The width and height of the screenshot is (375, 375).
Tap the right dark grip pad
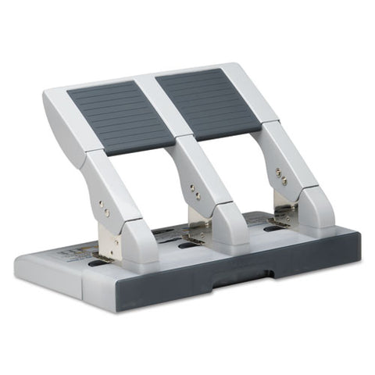click(207, 102)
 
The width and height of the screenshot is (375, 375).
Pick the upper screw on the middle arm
click(191, 186)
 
